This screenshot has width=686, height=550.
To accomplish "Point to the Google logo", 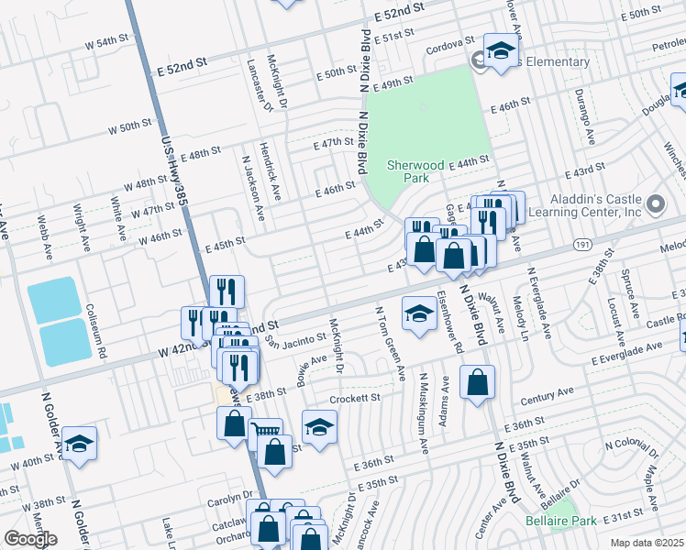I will pyautogui.click(x=30, y=539).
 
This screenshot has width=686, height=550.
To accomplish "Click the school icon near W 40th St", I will pyautogui.click(x=79, y=444).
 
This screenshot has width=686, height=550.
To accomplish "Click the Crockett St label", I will pyautogui.click(x=355, y=399).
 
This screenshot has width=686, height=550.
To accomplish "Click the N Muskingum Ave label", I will pyautogui.click(x=424, y=413).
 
